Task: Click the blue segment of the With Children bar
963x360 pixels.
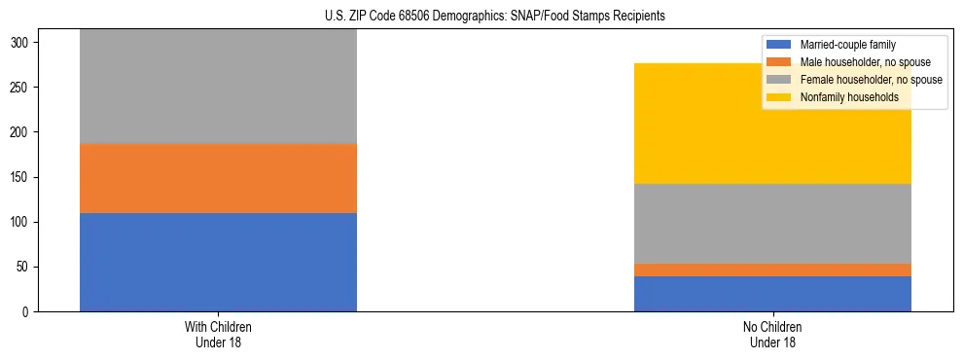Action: [218, 262]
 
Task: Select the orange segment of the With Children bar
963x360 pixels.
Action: [218, 178]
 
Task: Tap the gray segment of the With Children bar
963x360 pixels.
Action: [218, 88]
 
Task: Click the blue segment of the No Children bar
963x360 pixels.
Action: [772, 294]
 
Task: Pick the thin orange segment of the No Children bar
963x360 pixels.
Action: [772, 270]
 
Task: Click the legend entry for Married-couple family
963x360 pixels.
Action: [847, 45]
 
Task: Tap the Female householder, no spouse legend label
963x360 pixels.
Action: [872, 80]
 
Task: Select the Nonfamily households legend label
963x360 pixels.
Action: [848, 97]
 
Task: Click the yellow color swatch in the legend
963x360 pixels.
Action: [780, 97]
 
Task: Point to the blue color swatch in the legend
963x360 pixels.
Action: [780, 45]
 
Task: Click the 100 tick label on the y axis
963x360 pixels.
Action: [25, 222]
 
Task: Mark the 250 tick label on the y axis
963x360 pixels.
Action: [25, 88]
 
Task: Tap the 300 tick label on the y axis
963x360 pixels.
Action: [25, 43]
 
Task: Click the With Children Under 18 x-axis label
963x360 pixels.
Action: [218, 334]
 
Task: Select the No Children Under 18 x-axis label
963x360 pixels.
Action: [772, 334]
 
